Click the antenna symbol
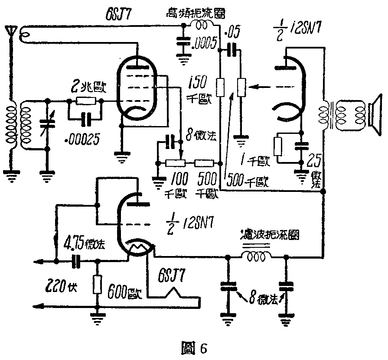[11, 31]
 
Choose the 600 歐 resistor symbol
[97, 285]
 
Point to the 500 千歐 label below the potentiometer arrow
[247, 182]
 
